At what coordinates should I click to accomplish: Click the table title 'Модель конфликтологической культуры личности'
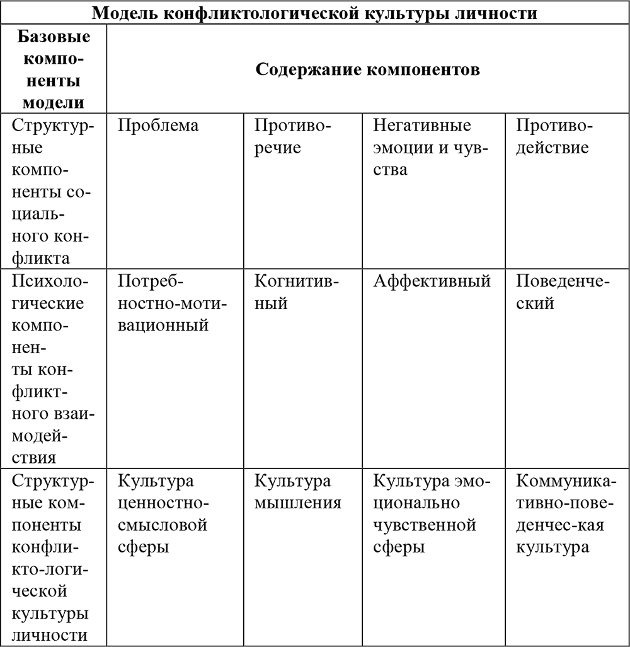click(316, 13)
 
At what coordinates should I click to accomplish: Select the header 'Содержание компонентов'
click(368, 69)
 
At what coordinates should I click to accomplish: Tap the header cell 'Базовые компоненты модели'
click(54, 69)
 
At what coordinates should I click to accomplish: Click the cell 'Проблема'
click(158, 125)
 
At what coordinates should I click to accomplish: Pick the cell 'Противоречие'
click(292, 136)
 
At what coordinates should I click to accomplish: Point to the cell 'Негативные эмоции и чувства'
click(422, 148)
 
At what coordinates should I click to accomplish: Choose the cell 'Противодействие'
click(554, 136)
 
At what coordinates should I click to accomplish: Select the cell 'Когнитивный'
click(296, 292)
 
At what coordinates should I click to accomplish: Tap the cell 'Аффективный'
click(432, 281)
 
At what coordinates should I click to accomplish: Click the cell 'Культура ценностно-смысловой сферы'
click(163, 513)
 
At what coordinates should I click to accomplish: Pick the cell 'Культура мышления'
click(297, 492)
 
